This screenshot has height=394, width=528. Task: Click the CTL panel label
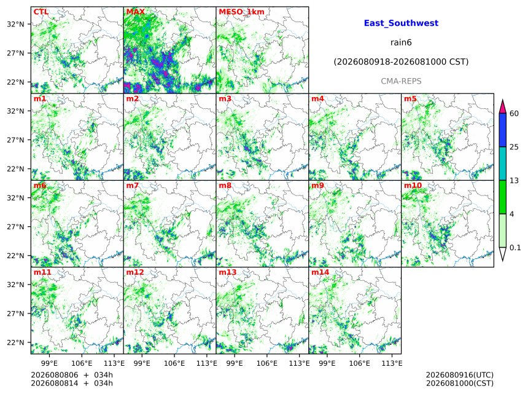[41, 12]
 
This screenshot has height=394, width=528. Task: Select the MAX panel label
[135, 12]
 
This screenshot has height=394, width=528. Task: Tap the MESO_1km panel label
[241, 12]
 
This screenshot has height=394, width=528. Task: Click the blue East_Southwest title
[401, 23]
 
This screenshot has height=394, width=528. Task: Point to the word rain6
[401, 42]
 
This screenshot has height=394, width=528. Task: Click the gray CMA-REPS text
[401, 81]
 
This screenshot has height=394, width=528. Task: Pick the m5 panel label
[410, 99]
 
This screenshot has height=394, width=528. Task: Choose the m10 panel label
[413, 186]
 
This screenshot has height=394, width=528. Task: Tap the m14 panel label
[320, 272]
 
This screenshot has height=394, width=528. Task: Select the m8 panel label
[225, 186]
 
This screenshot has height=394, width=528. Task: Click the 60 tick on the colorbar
[514, 113]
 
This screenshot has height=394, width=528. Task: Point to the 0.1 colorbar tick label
[515, 248]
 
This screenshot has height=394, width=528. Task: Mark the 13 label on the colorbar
[514, 181]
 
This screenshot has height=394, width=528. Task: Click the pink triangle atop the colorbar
[502, 107]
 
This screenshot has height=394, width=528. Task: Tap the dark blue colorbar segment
[502, 130]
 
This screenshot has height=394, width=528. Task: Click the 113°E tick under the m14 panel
[392, 363]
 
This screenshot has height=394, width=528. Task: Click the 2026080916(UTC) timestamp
[460, 375]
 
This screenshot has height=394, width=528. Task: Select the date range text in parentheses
[401, 62]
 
